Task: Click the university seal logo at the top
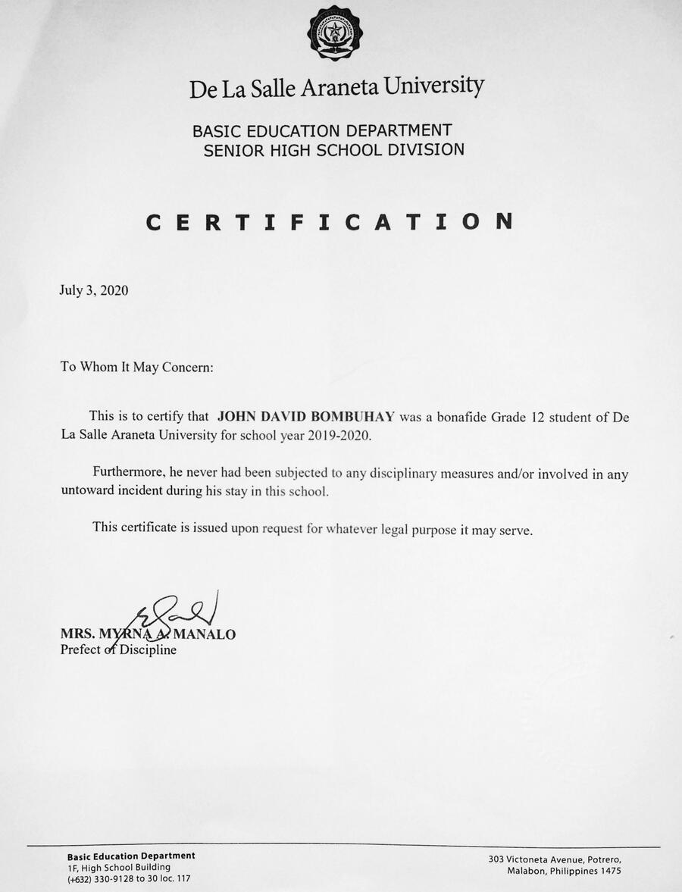click(334, 33)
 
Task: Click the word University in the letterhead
click(434, 86)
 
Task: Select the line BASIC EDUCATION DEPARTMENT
click(322, 130)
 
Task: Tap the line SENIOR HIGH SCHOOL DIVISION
click(333, 149)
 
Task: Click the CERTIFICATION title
click(330, 221)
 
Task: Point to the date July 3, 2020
click(93, 290)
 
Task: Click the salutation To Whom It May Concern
click(137, 367)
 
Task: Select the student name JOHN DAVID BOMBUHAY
click(306, 416)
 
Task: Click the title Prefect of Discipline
click(118, 649)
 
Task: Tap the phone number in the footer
click(129, 878)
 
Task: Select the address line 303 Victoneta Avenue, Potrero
click(555, 859)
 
